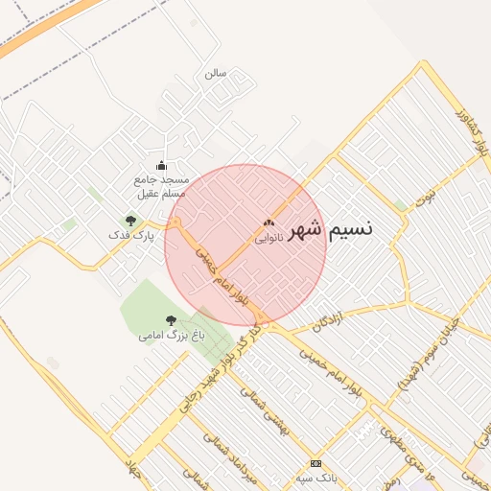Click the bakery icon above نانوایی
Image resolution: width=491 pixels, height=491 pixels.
coord(269,224)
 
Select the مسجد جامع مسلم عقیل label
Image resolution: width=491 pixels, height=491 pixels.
coord(162,186)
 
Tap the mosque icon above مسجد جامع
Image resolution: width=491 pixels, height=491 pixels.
coord(161,165)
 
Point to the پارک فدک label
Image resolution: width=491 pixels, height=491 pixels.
coord(130,235)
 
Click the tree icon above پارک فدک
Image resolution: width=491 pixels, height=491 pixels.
coord(130,221)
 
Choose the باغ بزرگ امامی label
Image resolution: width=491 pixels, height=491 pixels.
coord(172,336)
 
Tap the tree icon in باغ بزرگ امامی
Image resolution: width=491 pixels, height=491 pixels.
coord(172,320)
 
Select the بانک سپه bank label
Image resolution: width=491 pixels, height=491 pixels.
coord(316,477)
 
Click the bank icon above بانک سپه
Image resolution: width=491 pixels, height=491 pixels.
coord(316,462)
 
